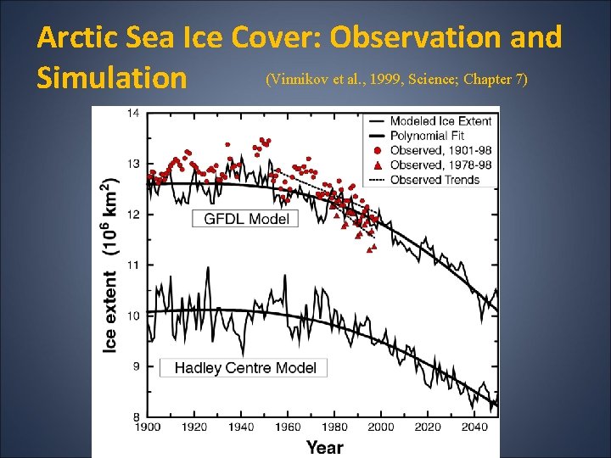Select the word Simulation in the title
tap(111, 78)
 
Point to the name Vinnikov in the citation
tap(298, 80)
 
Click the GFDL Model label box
tap(247, 219)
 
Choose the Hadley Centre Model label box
tap(244, 367)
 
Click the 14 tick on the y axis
tap(134, 113)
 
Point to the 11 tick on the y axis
tap(134, 265)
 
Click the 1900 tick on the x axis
tap(148, 427)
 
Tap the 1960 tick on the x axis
tap(288, 427)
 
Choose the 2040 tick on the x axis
tap(474, 427)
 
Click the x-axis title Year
tap(324, 446)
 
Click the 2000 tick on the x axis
tap(381, 427)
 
